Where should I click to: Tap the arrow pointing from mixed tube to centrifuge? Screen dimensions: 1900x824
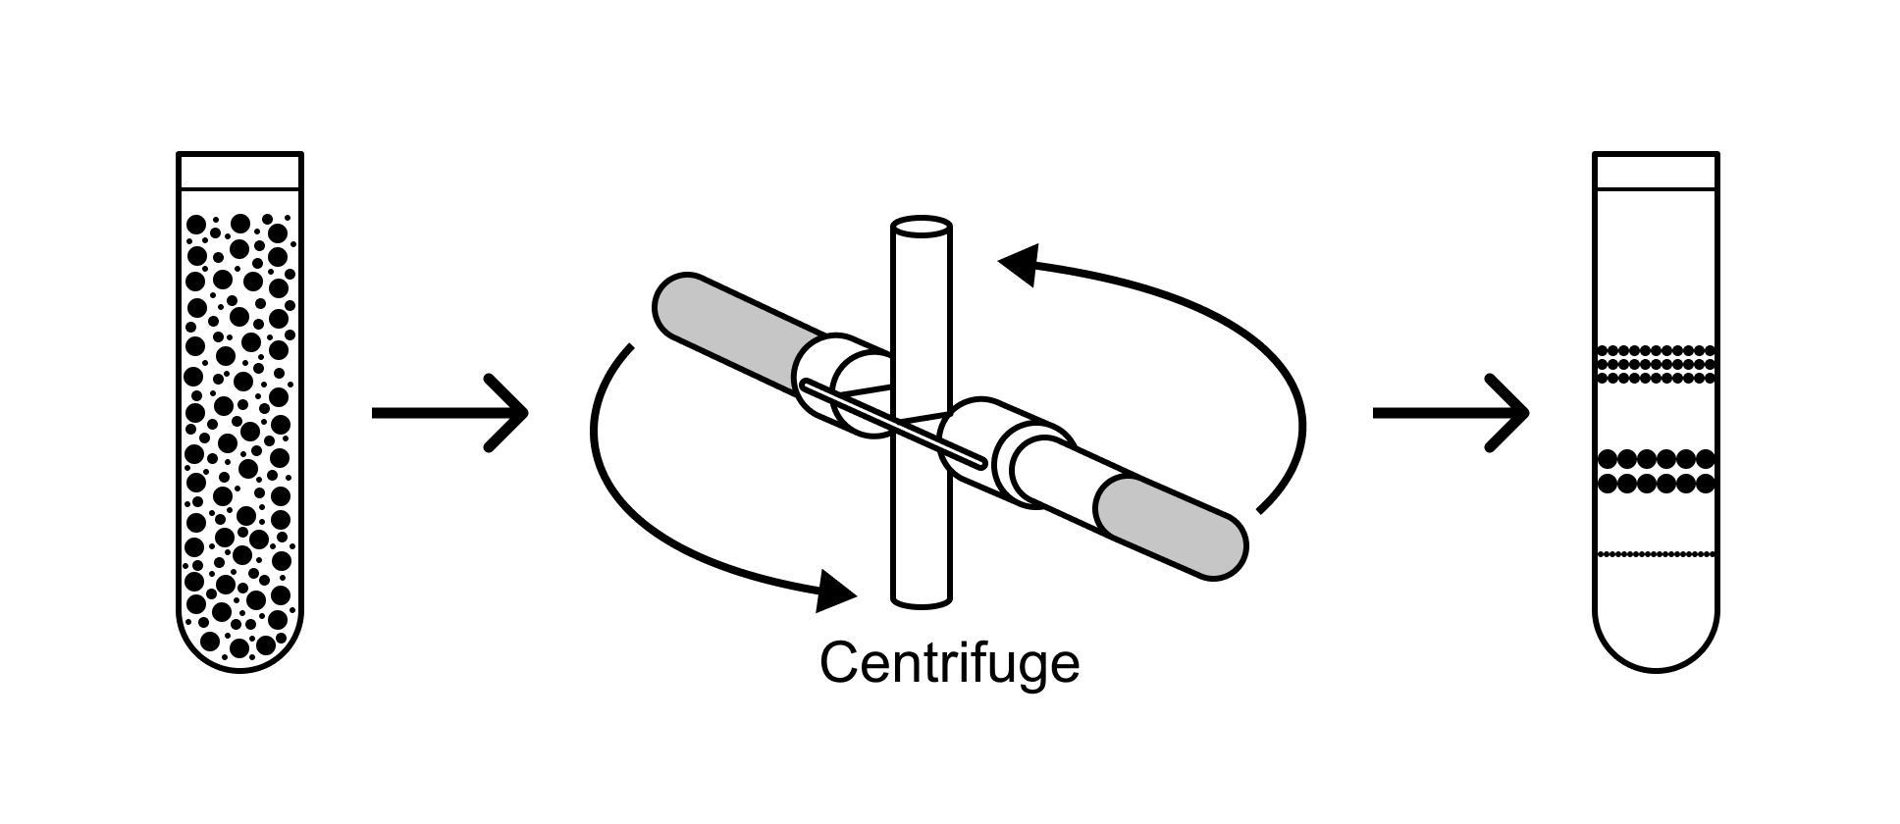coord(449,413)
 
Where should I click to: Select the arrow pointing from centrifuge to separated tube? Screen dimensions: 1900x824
coord(1451,413)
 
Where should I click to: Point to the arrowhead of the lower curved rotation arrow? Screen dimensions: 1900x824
coord(837,592)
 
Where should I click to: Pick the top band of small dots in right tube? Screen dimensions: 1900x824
coord(1656,364)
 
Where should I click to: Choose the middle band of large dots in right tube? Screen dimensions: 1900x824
coord(1656,471)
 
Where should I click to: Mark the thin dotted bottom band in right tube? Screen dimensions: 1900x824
coord(1656,555)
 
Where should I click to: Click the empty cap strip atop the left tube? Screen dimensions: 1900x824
coord(240,171)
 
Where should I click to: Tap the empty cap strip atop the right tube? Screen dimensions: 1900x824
coord(1656,171)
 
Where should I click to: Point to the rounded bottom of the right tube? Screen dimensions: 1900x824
coord(1656,643)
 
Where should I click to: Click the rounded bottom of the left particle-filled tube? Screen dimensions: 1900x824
coord(240,643)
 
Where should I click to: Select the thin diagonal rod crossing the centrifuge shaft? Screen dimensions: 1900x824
coord(893,423)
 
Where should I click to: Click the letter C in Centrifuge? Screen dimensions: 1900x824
coord(840,663)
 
